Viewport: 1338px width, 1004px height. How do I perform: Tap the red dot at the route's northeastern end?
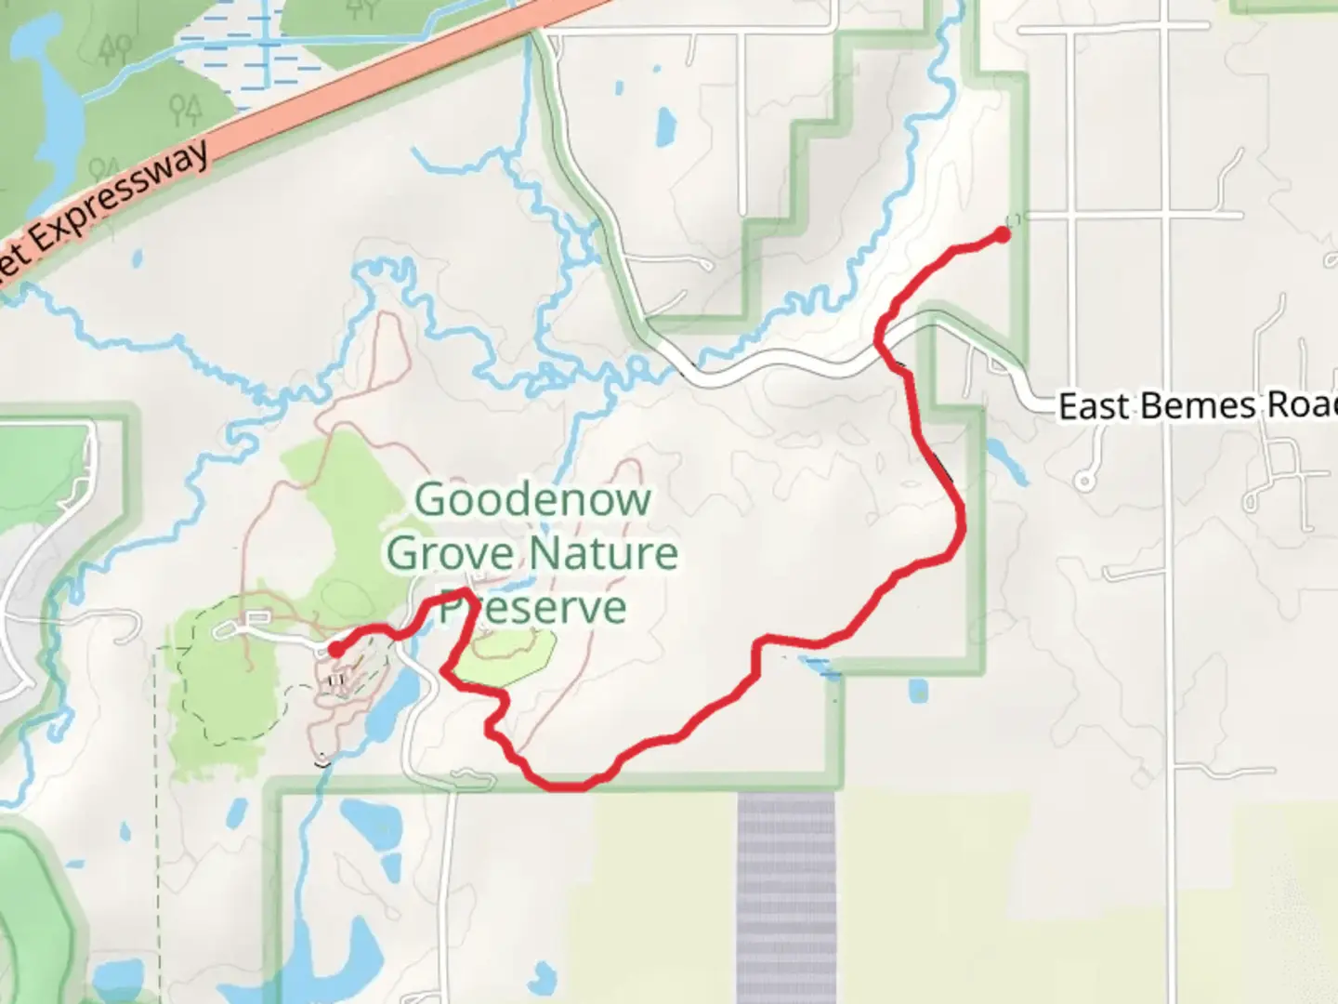(1003, 235)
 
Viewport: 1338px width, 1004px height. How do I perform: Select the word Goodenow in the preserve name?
(531, 500)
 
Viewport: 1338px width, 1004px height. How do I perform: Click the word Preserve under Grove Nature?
(533, 607)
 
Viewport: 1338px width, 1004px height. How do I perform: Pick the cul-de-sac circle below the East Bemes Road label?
(1083, 481)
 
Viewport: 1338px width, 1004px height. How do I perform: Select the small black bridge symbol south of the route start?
(322, 760)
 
